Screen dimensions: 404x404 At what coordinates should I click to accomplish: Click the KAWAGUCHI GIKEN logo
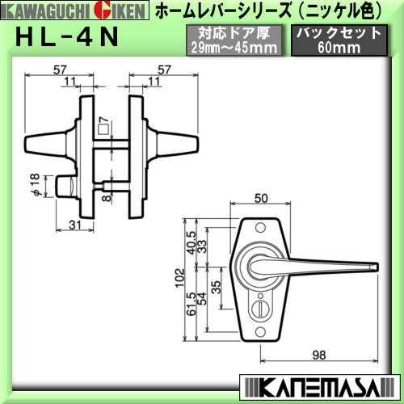(74, 11)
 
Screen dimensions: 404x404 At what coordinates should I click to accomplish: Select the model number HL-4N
(67, 37)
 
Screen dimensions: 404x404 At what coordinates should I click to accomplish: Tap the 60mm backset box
(339, 40)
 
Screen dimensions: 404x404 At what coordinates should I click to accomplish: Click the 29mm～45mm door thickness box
(234, 40)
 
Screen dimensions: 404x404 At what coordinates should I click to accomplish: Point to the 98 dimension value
(319, 355)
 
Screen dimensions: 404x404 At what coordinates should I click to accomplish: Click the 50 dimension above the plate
(261, 198)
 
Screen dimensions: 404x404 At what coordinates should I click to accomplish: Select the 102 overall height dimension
(180, 278)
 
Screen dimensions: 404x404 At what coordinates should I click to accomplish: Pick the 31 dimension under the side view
(74, 225)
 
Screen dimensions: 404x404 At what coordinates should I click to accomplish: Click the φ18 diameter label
(36, 185)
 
